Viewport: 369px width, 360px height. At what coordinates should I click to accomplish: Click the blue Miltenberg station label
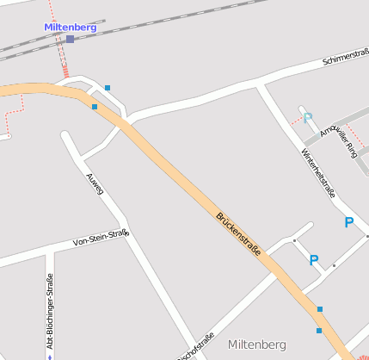71,27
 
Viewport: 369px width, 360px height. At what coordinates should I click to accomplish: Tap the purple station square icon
70,39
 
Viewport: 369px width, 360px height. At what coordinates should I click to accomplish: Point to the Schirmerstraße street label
346,59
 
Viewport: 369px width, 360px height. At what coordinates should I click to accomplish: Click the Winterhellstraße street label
317,173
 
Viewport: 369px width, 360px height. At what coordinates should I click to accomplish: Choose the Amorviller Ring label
337,139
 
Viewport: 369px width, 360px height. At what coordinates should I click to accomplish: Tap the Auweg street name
94,183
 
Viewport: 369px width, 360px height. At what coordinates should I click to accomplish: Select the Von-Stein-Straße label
101,237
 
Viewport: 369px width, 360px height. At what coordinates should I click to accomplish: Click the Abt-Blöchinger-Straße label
50,311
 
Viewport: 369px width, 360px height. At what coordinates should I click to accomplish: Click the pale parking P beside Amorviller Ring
307,118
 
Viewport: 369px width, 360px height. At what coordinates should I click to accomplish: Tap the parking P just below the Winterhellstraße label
348,222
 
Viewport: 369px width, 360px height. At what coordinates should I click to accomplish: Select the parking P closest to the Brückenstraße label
314,260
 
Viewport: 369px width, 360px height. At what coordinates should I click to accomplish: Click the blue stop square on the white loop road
108,88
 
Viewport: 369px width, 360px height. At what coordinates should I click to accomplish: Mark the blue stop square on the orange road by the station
94,107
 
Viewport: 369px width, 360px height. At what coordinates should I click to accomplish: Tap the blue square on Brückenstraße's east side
320,308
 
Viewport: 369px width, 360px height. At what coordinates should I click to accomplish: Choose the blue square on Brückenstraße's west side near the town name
319,330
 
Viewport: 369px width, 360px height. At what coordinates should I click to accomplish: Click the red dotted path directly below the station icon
63,62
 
